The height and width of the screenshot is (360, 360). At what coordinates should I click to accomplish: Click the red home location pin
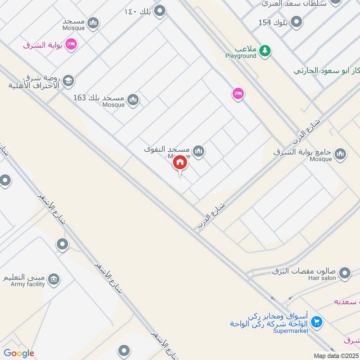(180, 162)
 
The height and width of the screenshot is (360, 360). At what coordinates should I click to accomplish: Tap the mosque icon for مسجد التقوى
(198, 151)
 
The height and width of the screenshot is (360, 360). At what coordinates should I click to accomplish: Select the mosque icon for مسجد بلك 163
(133, 99)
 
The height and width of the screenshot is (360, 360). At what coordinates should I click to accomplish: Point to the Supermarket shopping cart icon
(317, 322)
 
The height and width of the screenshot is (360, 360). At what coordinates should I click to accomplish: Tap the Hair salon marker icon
(345, 273)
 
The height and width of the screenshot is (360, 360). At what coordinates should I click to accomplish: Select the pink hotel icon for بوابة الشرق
(71, 45)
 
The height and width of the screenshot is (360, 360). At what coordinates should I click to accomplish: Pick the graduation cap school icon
(68, 81)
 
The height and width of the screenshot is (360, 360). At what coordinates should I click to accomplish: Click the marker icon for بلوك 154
(297, 22)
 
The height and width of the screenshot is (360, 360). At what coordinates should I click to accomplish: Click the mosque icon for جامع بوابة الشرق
(341, 154)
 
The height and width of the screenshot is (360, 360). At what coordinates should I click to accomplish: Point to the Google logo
(19, 353)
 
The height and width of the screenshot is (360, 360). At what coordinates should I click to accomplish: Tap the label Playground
(241, 56)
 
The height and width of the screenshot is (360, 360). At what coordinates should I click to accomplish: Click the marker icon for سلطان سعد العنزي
(335, 2)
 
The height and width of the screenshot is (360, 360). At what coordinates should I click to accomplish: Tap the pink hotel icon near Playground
(238, 94)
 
